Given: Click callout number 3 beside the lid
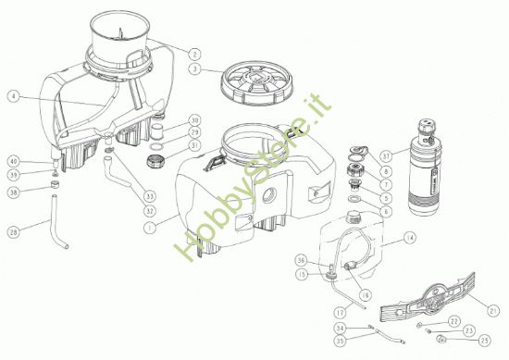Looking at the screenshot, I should click(x=192, y=68).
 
